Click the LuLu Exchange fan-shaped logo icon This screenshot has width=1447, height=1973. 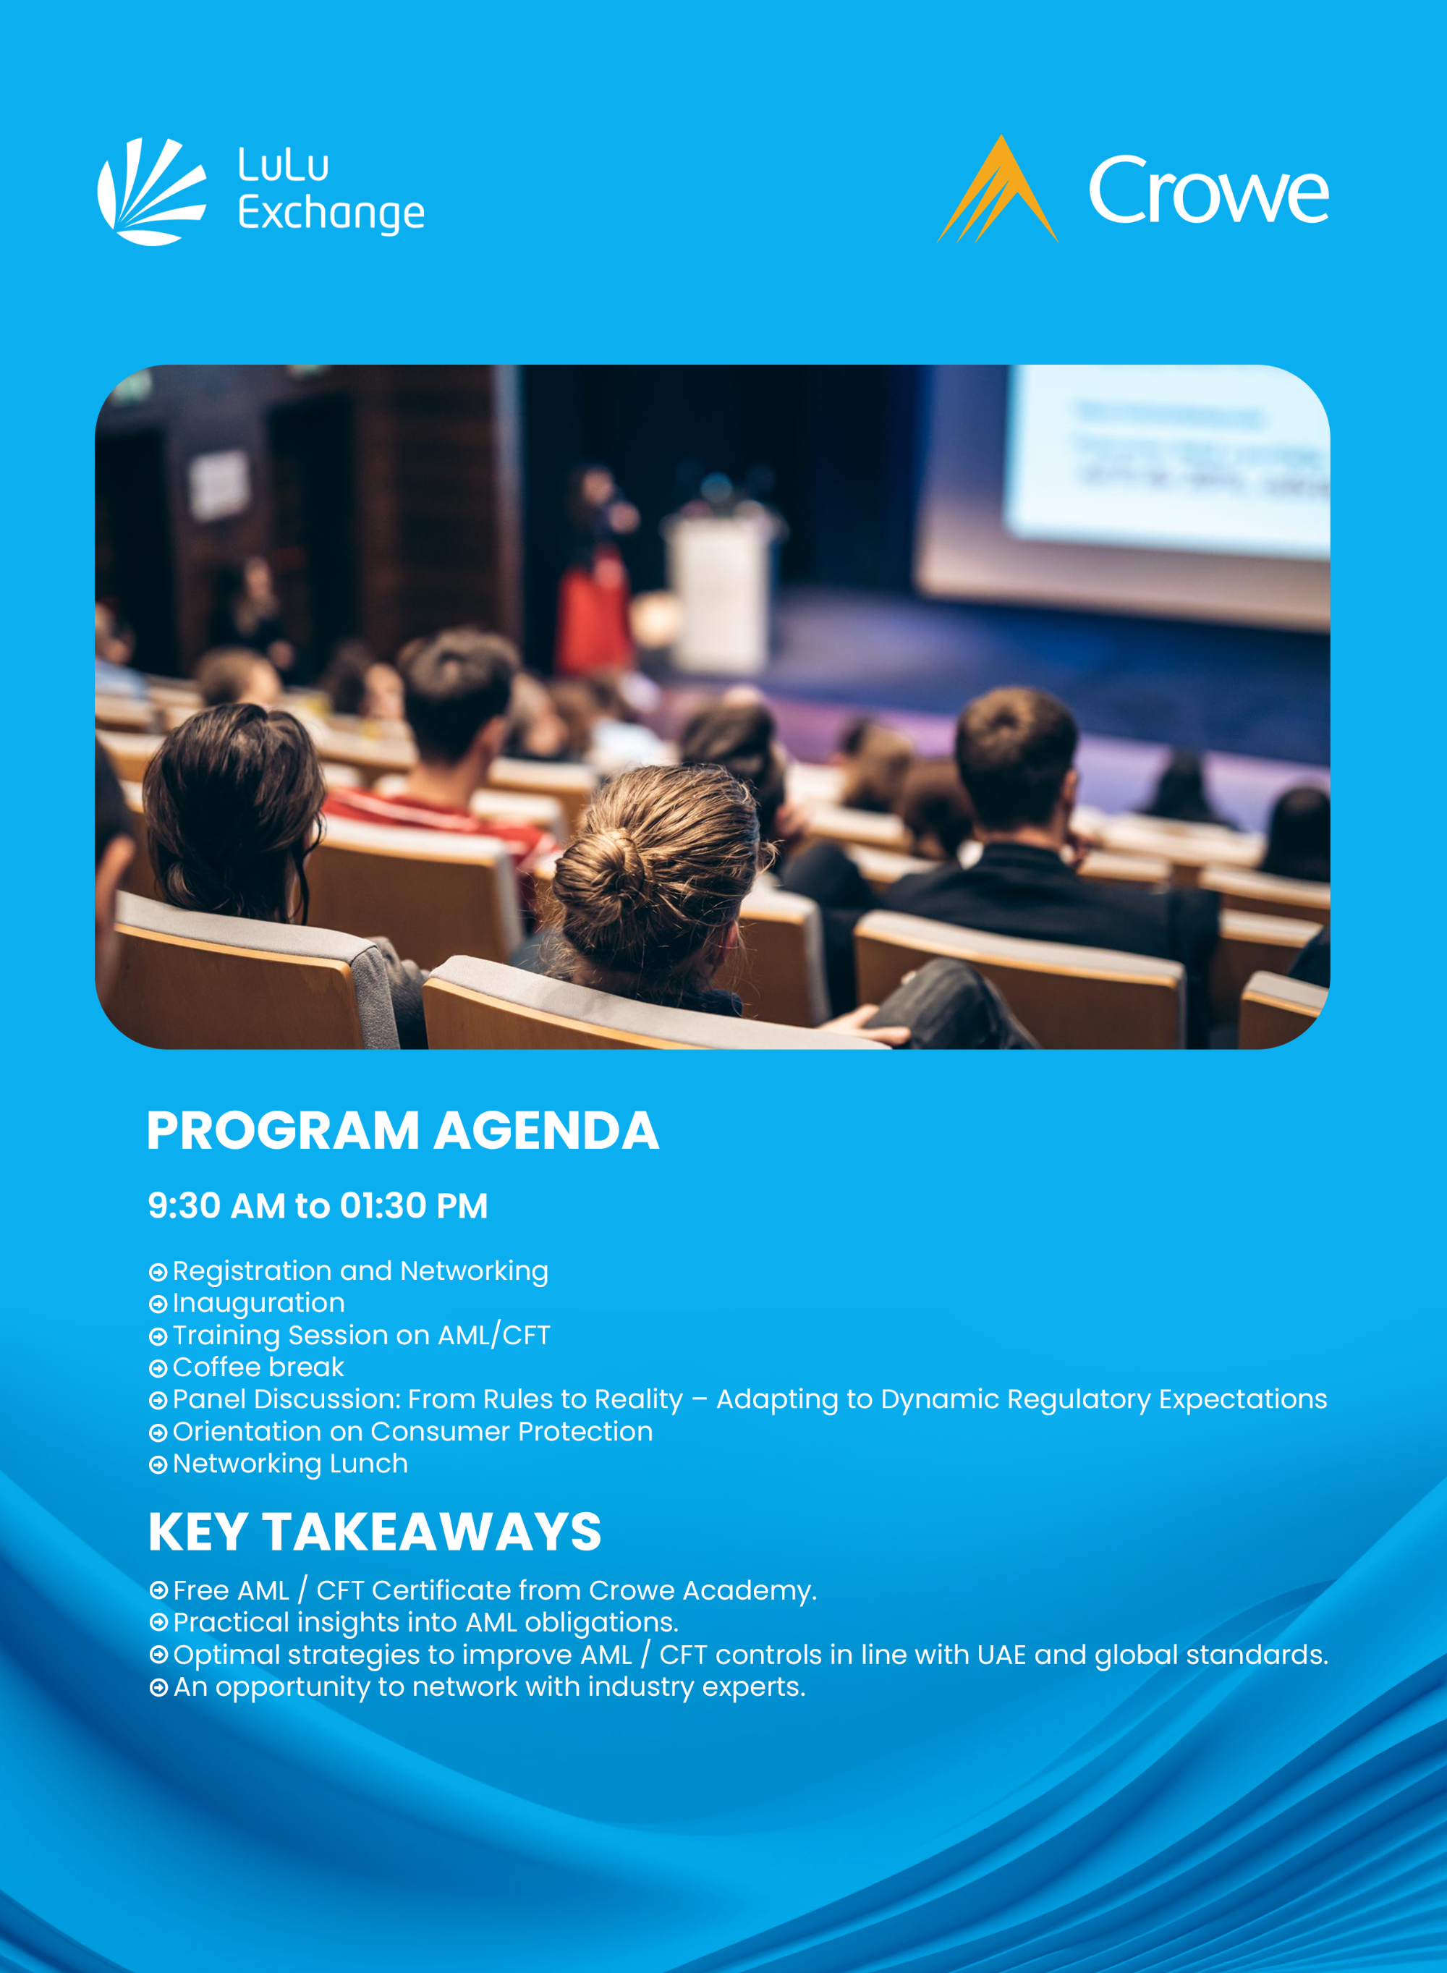pyautogui.click(x=150, y=191)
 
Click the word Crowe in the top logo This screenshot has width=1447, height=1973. pyautogui.click(x=1209, y=190)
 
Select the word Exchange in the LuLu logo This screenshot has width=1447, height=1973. pyautogui.click(x=331, y=213)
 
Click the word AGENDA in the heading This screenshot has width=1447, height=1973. pyautogui.click(x=546, y=1131)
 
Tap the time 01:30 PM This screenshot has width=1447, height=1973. pyautogui.click(x=413, y=1206)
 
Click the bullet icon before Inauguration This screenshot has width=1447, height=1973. pyautogui.click(x=158, y=1304)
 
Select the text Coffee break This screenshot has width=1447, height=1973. pyautogui.click(x=258, y=1367)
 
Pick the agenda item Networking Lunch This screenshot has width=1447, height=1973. pyautogui.click(x=290, y=1464)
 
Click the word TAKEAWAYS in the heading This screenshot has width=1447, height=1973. pyautogui.click(x=432, y=1532)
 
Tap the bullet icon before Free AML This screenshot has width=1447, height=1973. pyautogui.click(x=158, y=1590)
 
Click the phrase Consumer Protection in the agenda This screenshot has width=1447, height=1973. pyautogui.click(x=512, y=1432)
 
